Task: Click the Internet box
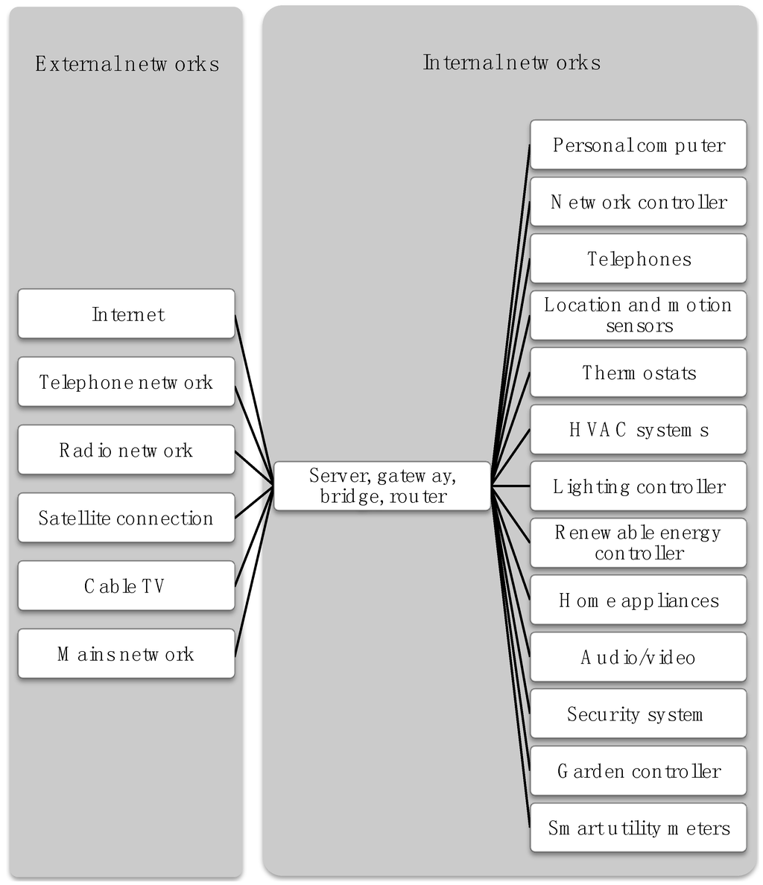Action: (126, 314)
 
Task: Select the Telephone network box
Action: (126, 382)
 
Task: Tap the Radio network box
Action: (126, 450)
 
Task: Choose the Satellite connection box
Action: (126, 518)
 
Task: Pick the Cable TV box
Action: (126, 586)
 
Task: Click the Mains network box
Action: (126, 654)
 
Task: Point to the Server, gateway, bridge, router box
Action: (382, 486)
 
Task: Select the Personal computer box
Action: (638, 145)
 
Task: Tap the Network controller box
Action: (638, 202)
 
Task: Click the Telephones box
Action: (638, 258)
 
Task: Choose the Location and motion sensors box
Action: (638, 315)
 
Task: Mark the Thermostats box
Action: (638, 372)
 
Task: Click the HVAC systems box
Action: (638, 430)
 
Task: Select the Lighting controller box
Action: (638, 486)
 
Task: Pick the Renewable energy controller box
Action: (638, 543)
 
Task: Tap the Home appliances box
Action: (638, 600)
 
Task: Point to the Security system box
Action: (638, 714)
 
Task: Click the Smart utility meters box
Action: (638, 828)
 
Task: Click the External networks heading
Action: (127, 64)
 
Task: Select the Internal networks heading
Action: (511, 62)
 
